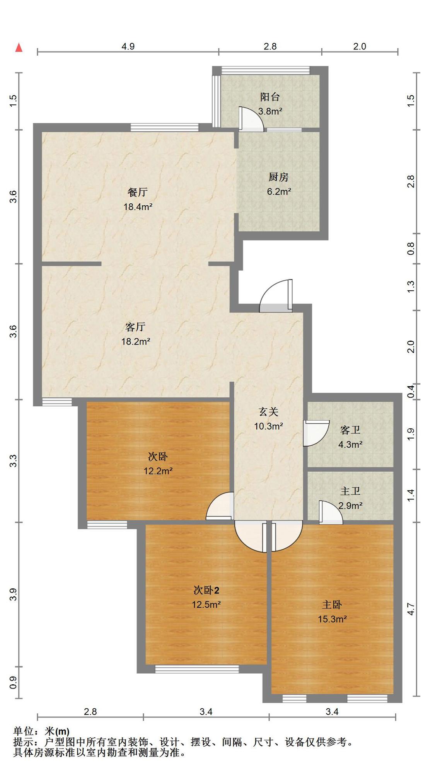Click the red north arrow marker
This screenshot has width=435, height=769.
pyautogui.click(x=19, y=48)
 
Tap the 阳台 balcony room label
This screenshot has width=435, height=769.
pyautogui.click(x=270, y=97)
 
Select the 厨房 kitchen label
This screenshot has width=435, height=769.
pyautogui.click(x=278, y=177)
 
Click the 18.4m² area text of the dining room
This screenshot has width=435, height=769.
pyautogui.click(x=138, y=206)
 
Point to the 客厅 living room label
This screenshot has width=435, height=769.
pyautogui.click(x=135, y=327)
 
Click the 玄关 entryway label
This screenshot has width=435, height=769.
pyautogui.click(x=268, y=412)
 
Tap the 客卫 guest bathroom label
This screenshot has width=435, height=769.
pyautogui.click(x=350, y=430)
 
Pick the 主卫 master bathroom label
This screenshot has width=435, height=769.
pyautogui.click(x=350, y=491)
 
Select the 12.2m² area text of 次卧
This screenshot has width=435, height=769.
pyautogui.click(x=158, y=471)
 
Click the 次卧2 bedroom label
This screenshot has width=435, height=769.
pyautogui.click(x=206, y=590)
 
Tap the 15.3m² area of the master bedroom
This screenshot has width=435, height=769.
pyautogui.click(x=332, y=619)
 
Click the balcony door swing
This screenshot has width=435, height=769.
pyautogui.click(x=251, y=119)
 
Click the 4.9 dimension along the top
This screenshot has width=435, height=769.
pyautogui.click(x=128, y=46)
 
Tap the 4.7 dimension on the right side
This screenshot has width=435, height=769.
pyautogui.click(x=411, y=609)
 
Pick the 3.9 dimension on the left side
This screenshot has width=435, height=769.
pyautogui.click(x=14, y=595)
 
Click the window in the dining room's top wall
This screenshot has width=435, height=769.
pyautogui.click(x=165, y=127)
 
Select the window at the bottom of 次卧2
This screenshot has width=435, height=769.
pyautogui.click(x=197, y=668)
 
